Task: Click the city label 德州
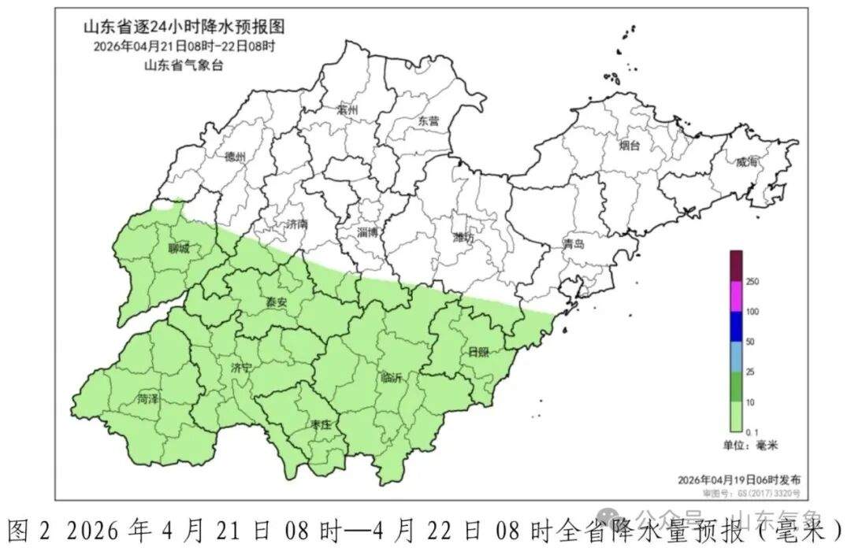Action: point(235,157)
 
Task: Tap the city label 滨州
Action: point(347,110)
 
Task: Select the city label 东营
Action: point(429,121)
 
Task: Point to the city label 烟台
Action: point(629,145)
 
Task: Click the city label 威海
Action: point(746,161)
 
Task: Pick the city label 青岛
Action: point(574,244)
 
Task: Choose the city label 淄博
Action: point(367,232)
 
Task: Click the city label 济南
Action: point(297,224)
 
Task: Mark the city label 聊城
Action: point(179,250)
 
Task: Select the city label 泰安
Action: point(275,302)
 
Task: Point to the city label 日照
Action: point(478,351)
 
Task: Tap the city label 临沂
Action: point(391,377)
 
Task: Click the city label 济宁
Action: point(242,368)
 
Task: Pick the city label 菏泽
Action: point(147,399)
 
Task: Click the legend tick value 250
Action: point(752,282)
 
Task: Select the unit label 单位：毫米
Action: point(750,446)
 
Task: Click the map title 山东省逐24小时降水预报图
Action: point(184,27)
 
